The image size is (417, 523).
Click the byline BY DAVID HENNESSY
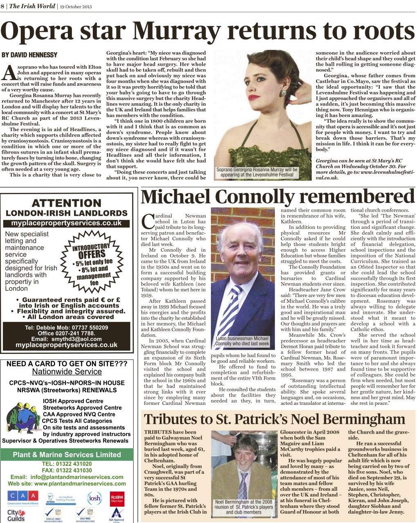click(x=29, y=55)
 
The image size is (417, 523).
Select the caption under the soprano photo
click(x=257, y=172)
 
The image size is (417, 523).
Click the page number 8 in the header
click(x=3, y=6)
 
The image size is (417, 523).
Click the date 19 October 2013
click(x=76, y=7)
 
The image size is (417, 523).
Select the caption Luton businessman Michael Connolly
click(x=242, y=341)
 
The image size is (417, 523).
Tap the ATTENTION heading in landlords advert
click(x=66, y=203)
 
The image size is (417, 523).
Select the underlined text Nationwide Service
click(x=67, y=372)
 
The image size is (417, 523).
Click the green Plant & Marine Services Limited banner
click(x=67, y=454)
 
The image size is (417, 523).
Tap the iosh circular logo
click(x=94, y=498)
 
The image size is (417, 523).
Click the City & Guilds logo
click(x=16, y=515)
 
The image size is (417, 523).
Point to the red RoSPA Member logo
click(x=117, y=498)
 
